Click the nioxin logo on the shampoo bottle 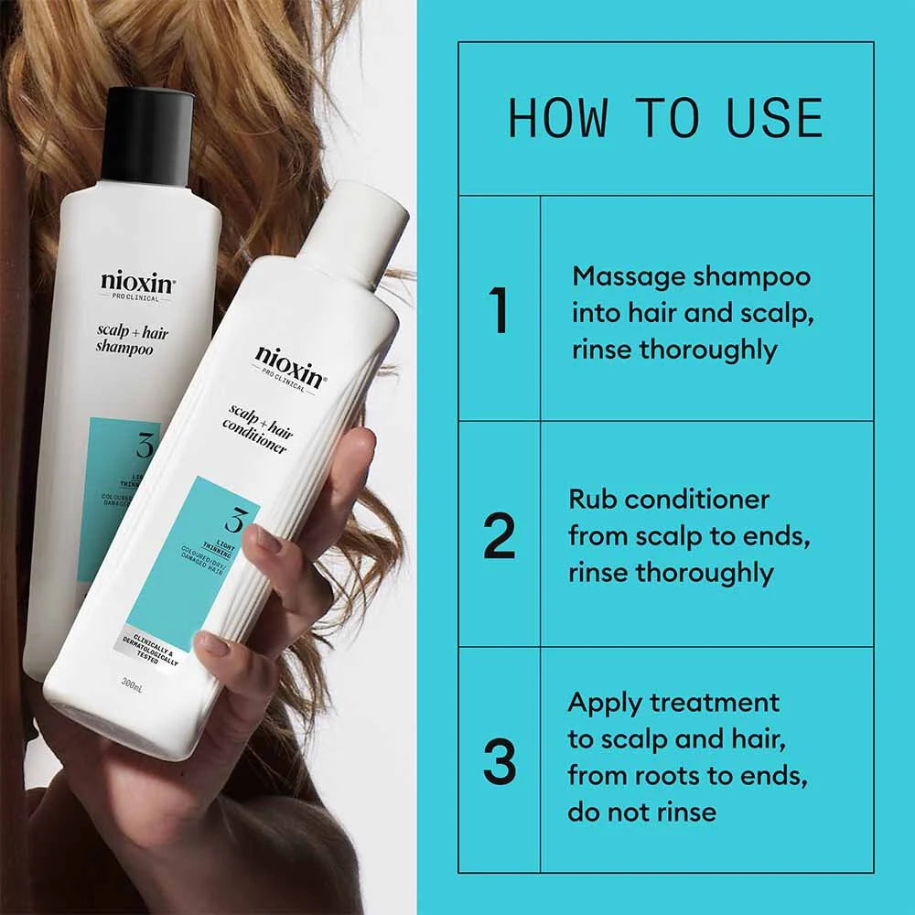point(138,281)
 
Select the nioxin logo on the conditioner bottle point(287,361)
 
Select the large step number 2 point(500,536)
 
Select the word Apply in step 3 point(604,703)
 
